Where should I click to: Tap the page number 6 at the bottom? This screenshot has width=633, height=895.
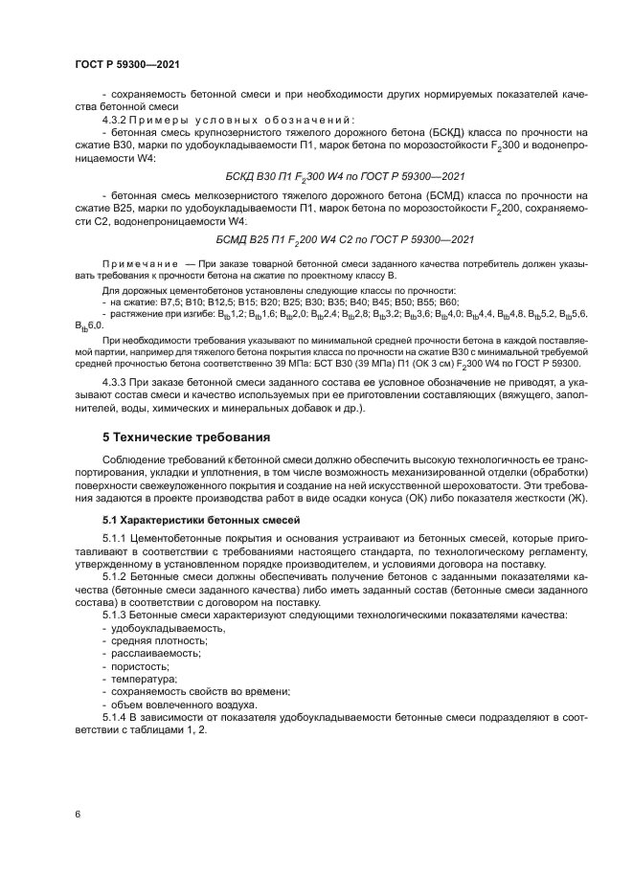click(77, 814)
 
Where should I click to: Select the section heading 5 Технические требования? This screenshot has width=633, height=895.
click(186, 436)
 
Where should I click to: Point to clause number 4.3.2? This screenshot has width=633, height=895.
click(115, 120)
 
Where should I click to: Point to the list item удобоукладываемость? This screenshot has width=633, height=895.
click(160, 629)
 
